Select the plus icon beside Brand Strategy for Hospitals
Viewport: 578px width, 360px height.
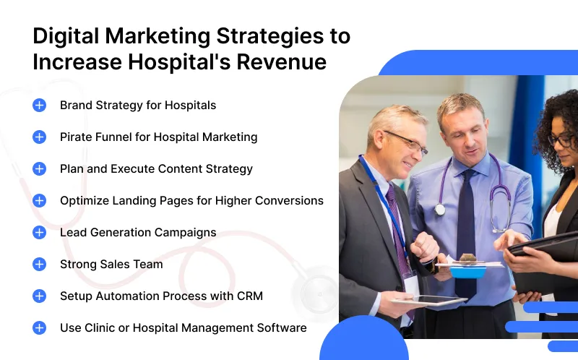pyautogui.click(x=40, y=105)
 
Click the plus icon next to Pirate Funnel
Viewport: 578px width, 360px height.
pyautogui.click(x=40, y=137)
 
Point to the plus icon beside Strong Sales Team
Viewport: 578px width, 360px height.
pyautogui.click(x=40, y=264)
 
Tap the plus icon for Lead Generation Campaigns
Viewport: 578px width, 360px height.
pyautogui.click(x=40, y=232)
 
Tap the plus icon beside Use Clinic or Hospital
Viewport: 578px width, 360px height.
pyautogui.click(x=40, y=327)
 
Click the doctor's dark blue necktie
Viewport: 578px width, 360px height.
pyautogui.click(x=466, y=217)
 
